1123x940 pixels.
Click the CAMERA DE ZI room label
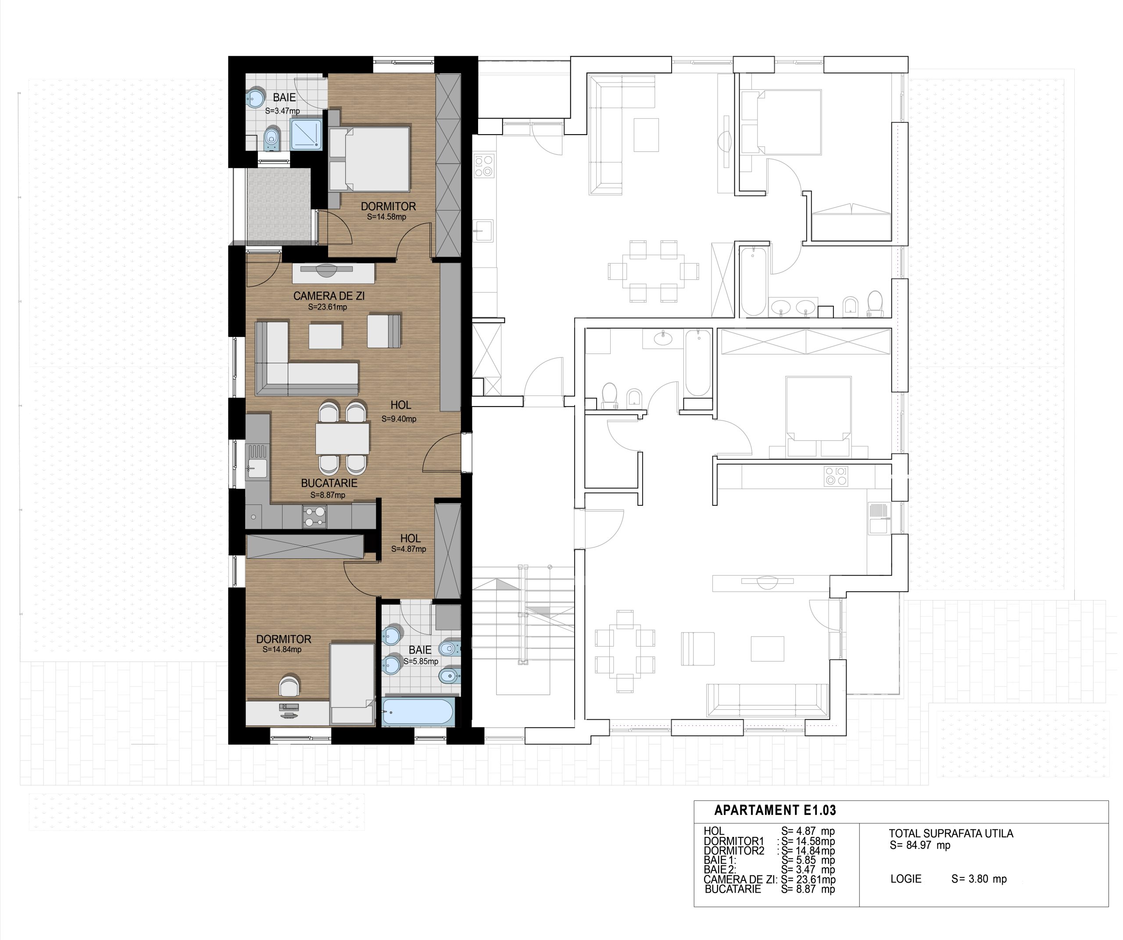pos(329,296)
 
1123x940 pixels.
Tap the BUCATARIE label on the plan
pos(329,483)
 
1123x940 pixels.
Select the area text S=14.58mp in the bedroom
pos(386,217)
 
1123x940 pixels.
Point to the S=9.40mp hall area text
pos(399,419)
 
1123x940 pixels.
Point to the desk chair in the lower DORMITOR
pos(290,686)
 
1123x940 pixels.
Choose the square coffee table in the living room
pos(325,336)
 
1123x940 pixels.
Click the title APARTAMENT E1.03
pos(775,810)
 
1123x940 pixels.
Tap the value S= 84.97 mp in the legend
pos(920,845)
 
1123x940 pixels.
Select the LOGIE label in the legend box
pos(906,879)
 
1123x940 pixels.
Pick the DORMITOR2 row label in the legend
pos(734,851)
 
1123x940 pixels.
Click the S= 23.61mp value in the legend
pos(808,879)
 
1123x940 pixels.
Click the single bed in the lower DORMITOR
pos(352,684)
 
